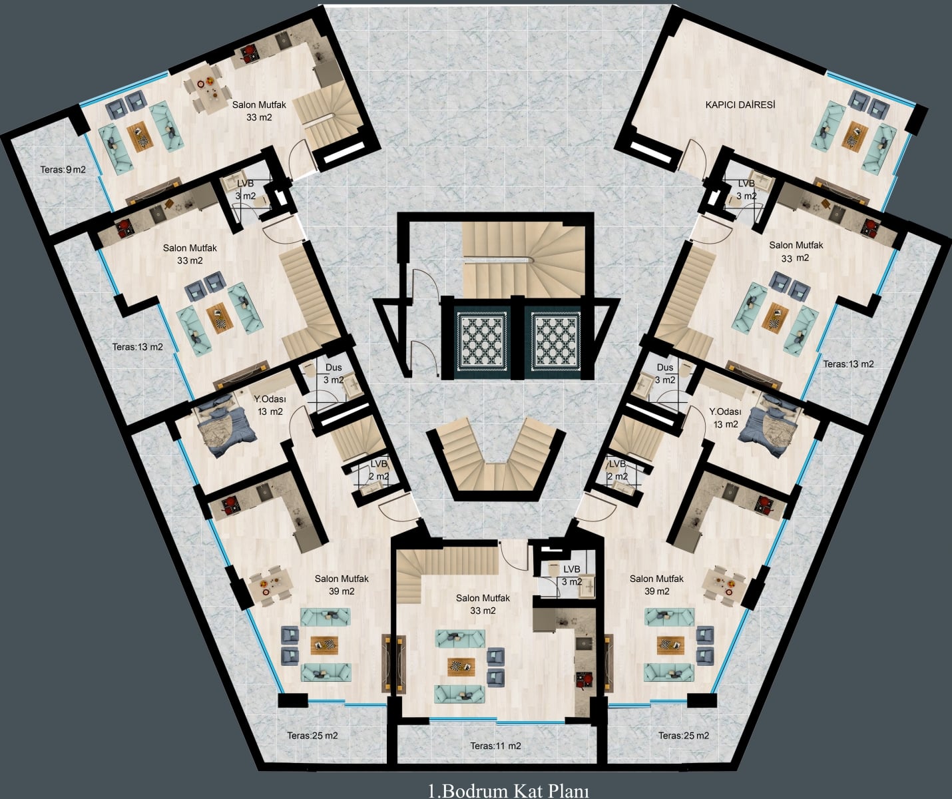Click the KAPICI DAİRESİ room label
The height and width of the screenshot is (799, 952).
point(740,105)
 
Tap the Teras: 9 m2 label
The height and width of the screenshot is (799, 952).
point(63,170)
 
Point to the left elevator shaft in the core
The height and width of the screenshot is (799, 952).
point(482,339)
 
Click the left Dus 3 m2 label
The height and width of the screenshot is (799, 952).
point(334,374)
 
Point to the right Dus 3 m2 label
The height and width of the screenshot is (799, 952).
point(665,374)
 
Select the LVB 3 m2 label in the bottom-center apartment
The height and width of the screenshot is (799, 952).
point(572,575)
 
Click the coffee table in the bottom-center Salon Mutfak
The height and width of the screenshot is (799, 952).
point(461,666)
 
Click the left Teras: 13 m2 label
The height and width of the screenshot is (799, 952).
point(137,347)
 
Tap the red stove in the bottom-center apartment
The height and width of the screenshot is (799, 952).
point(584,679)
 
